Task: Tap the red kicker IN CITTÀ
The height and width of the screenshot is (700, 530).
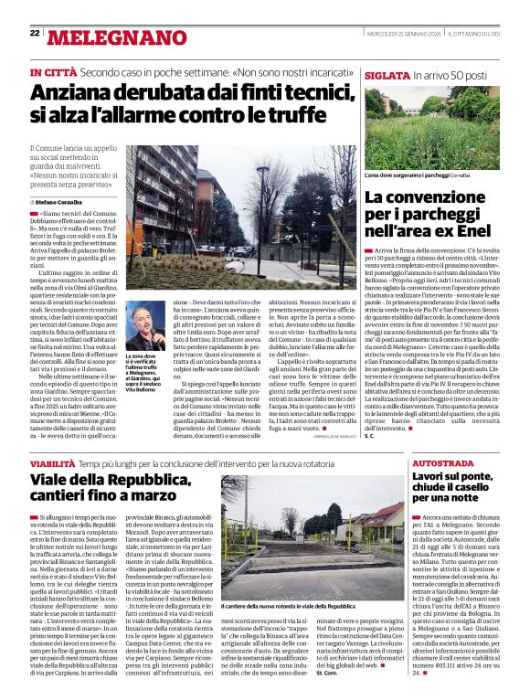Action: pyautogui.click(x=53, y=72)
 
